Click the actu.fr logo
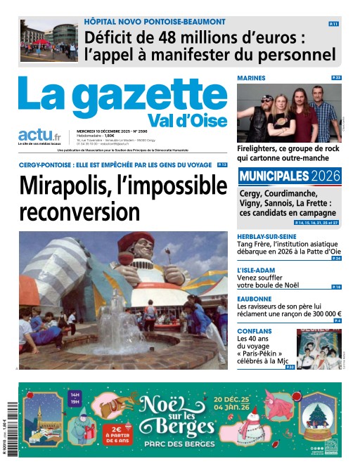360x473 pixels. (x=39, y=136)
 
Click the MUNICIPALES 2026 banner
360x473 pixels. (x=289, y=176)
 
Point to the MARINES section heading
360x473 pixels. (x=251, y=77)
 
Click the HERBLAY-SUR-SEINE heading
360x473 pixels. (x=267, y=236)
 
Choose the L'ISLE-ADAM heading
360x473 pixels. (x=256, y=271)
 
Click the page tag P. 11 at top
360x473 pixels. (x=333, y=24)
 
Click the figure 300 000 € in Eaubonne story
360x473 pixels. (x=319, y=314)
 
